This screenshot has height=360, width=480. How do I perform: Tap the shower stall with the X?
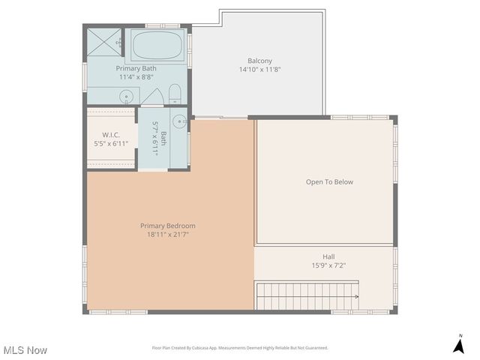click(x=103, y=43)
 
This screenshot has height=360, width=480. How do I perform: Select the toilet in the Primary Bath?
click(x=175, y=94)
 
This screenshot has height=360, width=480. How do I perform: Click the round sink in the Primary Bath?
click(x=127, y=95)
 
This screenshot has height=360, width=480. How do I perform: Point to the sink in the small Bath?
click(x=178, y=121)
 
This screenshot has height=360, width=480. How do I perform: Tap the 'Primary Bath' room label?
click(x=136, y=68)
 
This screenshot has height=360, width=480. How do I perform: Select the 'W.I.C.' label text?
click(x=111, y=135)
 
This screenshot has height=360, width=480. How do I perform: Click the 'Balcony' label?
click(x=259, y=61)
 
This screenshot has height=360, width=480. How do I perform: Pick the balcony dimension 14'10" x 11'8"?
click(x=259, y=70)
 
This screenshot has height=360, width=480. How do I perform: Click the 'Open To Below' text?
click(x=329, y=181)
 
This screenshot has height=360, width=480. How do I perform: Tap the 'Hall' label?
click(x=328, y=256)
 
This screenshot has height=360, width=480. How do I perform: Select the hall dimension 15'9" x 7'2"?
click(x=328, y=265)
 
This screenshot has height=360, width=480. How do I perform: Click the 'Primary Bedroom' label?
click(x=168, y=226)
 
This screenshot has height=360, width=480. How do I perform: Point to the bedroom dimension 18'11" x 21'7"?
click(x=168, y=235)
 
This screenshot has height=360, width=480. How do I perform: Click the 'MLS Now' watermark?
click(x=25, y=349)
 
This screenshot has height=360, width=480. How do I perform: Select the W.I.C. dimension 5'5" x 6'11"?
click(x=111, y=143)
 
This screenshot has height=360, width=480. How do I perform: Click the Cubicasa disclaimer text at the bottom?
click(x=240, y=348)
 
